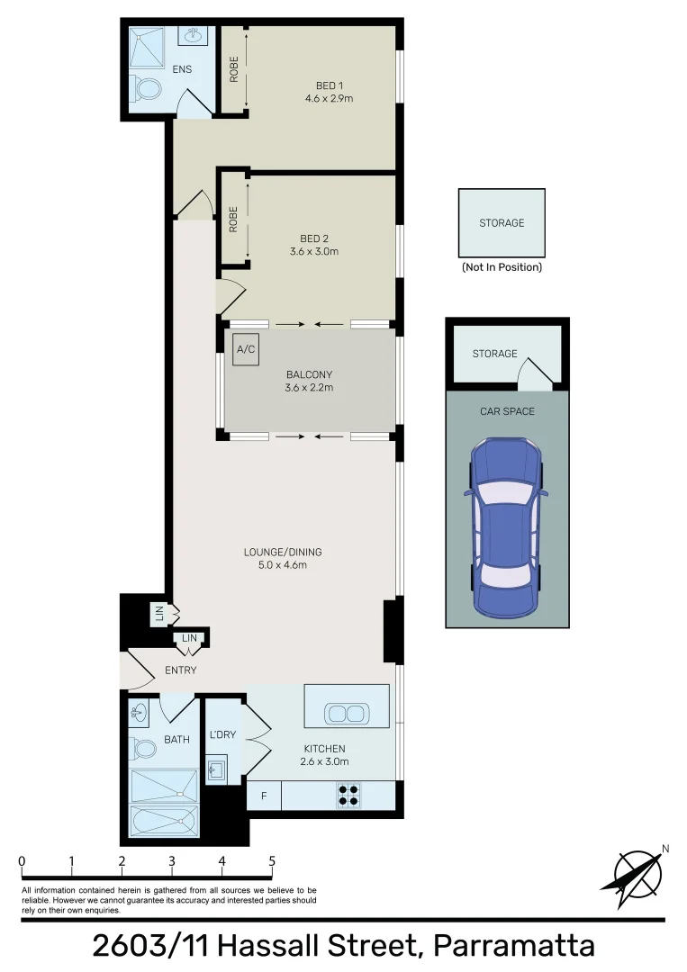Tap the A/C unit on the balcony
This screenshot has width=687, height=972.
244,350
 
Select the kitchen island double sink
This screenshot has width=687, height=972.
347,714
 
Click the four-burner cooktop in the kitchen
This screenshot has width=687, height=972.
348,795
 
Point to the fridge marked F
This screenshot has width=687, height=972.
263,796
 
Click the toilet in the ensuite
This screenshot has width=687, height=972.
147,89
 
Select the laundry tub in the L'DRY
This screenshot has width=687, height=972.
216,769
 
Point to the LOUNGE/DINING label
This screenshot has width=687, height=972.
283,552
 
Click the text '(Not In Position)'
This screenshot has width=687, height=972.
502,267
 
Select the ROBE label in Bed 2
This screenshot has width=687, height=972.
233,220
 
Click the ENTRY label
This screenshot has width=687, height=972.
180,670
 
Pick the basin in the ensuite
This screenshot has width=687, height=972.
193,36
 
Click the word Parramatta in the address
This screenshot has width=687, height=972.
513,946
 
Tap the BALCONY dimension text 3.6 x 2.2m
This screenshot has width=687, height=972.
310,388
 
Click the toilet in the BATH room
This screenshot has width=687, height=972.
140,747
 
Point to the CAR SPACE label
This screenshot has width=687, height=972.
507,411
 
